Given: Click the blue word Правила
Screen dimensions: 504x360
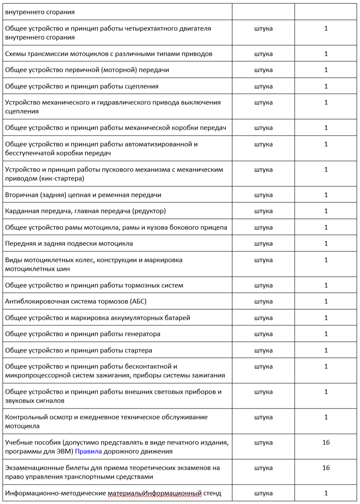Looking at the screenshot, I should point(88,451).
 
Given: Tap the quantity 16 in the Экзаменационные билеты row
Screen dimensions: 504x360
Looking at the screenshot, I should point(326,468).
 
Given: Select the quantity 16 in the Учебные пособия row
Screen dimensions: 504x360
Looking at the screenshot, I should point(326,442).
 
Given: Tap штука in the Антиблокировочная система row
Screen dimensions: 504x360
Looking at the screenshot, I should point(264,301).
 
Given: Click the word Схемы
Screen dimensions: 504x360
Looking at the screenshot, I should point(16,54).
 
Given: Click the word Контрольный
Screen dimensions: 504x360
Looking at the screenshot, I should point(25,417).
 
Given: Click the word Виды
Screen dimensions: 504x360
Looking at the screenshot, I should point(14,260).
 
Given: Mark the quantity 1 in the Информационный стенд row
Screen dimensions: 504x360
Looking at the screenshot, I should point(326,493).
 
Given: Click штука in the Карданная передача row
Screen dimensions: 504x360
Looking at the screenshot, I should point(264,211).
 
